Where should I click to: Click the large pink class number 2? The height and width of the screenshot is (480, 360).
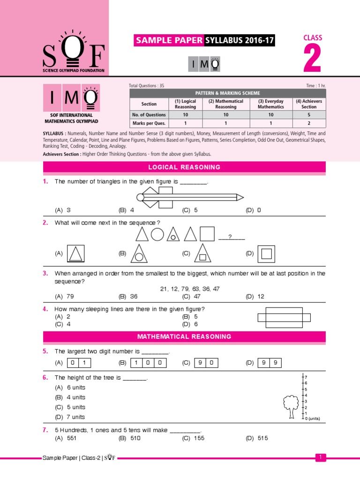pyautogui.click(x=312, y=60)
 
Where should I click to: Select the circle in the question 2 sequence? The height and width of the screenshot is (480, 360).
pyautogui.click(x=157, y=234)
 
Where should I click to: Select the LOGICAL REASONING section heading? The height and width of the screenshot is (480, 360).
pyautogui.click(x=184, y=167)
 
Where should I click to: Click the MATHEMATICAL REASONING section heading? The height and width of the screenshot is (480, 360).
pyautogui.click(x=184, y=337)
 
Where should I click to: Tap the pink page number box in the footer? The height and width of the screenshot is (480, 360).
pyautogui.click(x=320, y=457)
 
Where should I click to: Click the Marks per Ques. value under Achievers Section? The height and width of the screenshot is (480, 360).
pyautogui.click(x=308, y=123)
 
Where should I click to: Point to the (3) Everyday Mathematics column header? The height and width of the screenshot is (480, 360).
pyautogui.click(x=270, y=104)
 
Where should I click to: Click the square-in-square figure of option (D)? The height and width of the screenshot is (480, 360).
pyautogui.click(x=266, y=254)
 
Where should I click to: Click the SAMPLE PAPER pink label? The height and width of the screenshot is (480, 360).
pyautogui.click(x=169, y=41)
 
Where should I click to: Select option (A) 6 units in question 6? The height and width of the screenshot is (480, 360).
pyautogui.click(x=70, y=388)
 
